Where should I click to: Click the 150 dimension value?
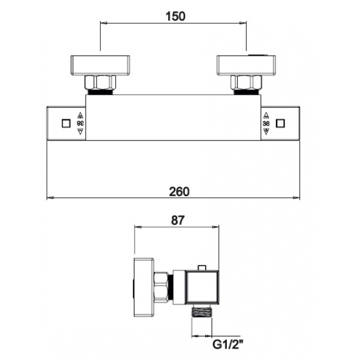pyautogui.click(x=175, y=16)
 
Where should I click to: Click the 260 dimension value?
pyautogui.click(x=179, y=192)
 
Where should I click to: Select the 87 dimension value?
pyautogui.click(x=178, y=220)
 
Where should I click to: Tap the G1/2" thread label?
pyautogui.click(x=228, y=344)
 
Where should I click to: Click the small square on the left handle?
pyautogui.click(x=66, y=124)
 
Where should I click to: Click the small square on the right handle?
pyautogui.click(x=280, y=124)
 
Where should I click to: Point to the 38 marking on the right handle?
pyautogui.click(x=266, y=124)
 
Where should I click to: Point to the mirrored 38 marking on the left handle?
pyautogui.click(x=80, y=124)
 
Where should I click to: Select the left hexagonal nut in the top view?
pyautogui.click(x=100, y=82)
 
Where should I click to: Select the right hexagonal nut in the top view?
pyautogui.click(x=246, y=82)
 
